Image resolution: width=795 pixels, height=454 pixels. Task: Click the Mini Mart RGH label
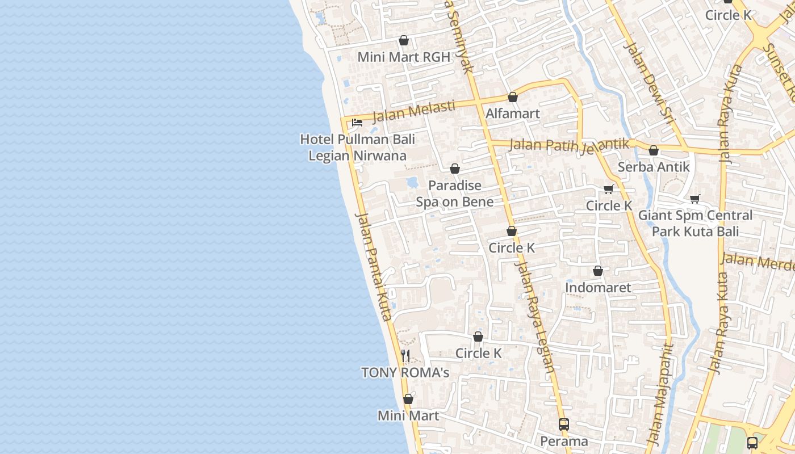pos(403,57)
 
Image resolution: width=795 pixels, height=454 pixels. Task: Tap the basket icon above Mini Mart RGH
pos(403,40)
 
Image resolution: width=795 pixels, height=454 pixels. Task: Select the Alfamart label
pos(512,113)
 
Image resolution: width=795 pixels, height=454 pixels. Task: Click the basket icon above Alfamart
pos(512,97)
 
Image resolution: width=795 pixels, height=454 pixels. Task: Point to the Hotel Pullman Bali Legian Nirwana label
pos(357,147)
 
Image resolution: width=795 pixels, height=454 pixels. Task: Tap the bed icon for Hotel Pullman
pos(357,122)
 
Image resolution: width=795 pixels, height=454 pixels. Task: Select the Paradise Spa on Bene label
pos(454,194)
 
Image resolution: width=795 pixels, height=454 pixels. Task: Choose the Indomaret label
pos(597,288)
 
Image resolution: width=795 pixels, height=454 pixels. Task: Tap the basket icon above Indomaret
pos(597,271)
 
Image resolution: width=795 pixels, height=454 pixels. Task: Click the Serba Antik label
pos(653,167)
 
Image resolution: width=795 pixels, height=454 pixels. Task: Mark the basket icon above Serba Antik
pos(653,150)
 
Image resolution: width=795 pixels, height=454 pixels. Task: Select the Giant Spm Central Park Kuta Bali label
pos(695,223)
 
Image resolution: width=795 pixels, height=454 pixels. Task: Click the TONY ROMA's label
pos(405,373)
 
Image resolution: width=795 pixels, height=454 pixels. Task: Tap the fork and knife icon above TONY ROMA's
pos(405,356)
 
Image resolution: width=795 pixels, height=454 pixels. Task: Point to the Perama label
pos(563,441)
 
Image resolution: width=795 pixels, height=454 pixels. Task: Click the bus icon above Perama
pos(563,424)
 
